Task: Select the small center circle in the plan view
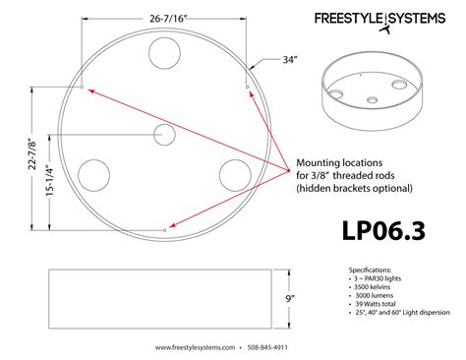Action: pyautogui.click(x=164, y=135)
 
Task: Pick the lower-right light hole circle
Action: pyautogui.click(x=233, y=174)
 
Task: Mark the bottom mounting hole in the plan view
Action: pyautogui.click(x=163, y=229)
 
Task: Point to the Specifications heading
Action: pyautogui.click(x=370, y=269)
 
